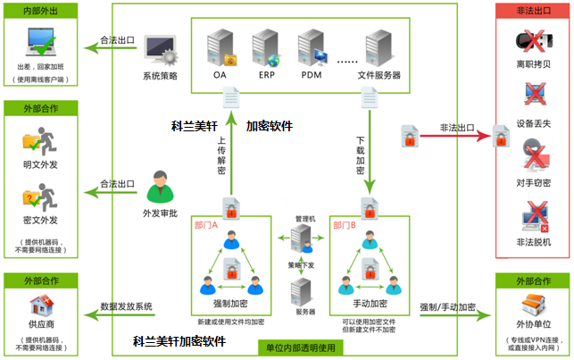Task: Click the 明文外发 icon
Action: [37, 142]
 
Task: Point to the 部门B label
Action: [345, 225]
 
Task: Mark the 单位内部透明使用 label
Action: [298, 347]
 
